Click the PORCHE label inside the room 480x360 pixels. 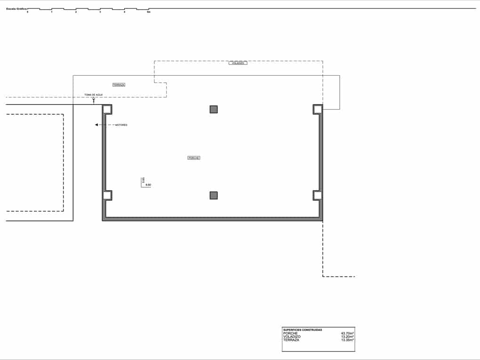[194, 158]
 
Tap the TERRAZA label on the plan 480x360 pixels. [119, 85]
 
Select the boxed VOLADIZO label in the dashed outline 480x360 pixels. [238, 63]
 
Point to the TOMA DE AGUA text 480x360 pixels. [94, 95]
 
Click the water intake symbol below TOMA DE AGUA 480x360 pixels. [94, 99]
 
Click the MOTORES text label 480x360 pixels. [121, 125]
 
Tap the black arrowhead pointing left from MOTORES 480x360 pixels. [96, 125]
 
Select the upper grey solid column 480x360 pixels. [214, 110]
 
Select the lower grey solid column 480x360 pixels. [214, 195]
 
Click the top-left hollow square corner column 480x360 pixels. [107, 110]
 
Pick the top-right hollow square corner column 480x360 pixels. [317, 110]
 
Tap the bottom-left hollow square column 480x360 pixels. [107, 195]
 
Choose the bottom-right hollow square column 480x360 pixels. [317, 195]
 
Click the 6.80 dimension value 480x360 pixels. [148, 185]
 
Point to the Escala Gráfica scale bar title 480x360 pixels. [16, 8]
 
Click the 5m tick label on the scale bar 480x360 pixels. [149, 12]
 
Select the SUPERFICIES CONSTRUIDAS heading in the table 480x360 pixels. [303, 330]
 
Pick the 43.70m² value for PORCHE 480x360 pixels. [347, 333]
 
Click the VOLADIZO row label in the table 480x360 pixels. [292, 336]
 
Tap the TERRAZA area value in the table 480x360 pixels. [347, 340]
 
